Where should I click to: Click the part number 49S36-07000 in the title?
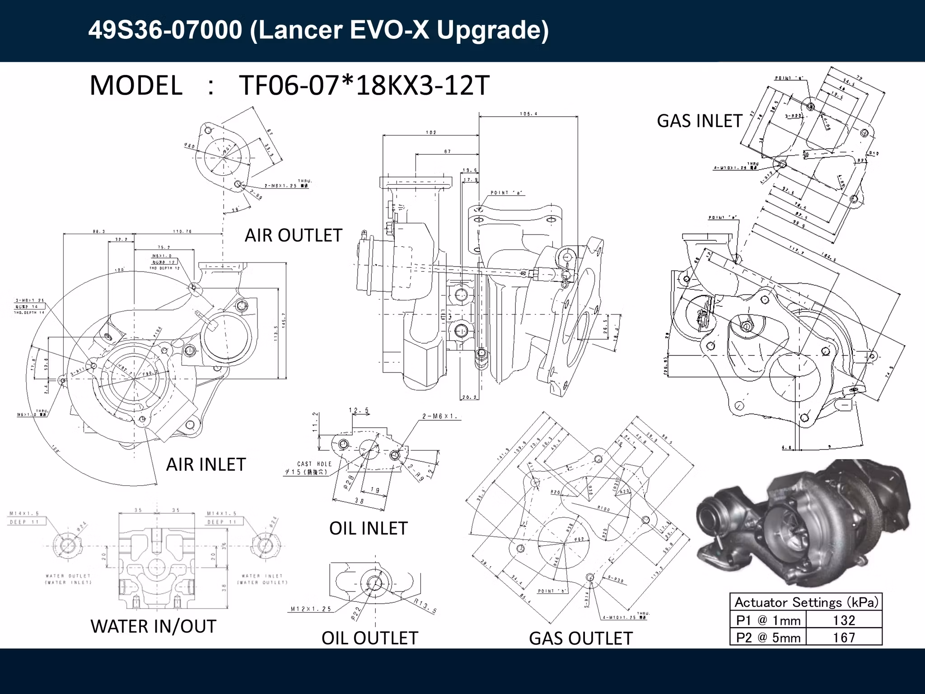tap(165, 31)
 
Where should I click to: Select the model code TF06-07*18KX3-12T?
tap(364, 85)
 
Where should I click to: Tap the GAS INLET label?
tap(699, 121)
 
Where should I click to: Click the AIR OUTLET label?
tap(293, 235)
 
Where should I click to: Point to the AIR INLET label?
tap(206, 464)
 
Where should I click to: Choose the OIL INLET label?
tap(368, 528)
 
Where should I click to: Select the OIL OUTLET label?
tap(369, 638)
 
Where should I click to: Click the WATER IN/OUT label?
tap(154, 627)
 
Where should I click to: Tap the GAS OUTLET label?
tap(580, 638)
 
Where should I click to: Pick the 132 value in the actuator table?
tap(844, 620)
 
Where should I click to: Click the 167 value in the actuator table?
tap(844, 638)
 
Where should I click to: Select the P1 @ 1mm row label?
tap(768, 620)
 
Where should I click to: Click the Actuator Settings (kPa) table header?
tap(806, 602)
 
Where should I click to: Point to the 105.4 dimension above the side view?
tap(528, 114)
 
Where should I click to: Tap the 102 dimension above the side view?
tap(431, 133)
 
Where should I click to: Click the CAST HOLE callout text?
tap(314, 464)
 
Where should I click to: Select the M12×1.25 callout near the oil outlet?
tap(311, 609)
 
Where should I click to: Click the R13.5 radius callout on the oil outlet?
tap(425, 606)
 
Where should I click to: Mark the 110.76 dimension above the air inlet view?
tap(182, 231)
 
